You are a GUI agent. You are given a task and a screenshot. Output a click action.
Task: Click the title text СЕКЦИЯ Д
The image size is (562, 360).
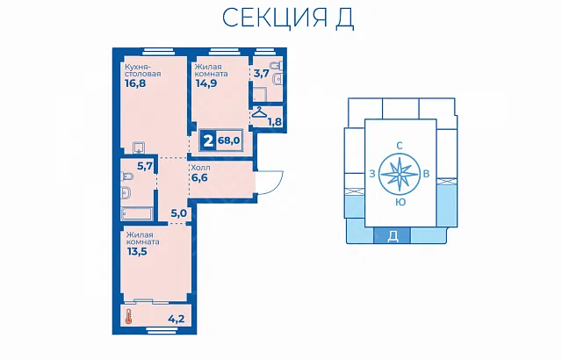(288, 18)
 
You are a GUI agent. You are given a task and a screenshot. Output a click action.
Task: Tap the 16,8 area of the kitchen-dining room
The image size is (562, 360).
(135, 83)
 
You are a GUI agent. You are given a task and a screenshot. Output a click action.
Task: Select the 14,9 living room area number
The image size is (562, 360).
(206, 83)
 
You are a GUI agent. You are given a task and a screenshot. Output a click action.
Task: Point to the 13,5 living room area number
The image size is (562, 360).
(137, 251)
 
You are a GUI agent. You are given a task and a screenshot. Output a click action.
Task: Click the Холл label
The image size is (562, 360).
(201, 168)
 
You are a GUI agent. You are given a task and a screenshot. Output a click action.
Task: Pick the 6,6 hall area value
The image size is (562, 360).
(199, 177)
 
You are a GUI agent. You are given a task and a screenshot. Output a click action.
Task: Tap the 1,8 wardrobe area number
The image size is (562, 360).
(275, 122)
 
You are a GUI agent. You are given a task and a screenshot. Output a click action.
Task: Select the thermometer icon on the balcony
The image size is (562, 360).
(129, 317)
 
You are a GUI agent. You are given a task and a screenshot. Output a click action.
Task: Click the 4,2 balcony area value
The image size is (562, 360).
(177, 318)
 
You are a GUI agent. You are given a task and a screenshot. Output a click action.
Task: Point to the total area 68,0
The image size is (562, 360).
(228, 140)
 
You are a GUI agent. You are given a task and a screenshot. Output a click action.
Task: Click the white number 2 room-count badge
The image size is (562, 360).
(208, 140)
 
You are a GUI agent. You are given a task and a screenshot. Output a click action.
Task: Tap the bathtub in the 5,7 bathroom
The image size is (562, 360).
(137, 213)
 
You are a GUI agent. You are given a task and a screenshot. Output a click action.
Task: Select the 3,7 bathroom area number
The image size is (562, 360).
(261, 74)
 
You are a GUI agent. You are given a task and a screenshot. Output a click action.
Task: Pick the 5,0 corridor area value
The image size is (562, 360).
(178, 213)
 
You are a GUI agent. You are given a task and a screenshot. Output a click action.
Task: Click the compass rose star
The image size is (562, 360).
(400, 174)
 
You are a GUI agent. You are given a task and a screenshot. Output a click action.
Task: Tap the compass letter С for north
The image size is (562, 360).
(400, 146)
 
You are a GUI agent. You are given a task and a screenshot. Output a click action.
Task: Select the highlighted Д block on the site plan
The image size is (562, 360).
(393, 235)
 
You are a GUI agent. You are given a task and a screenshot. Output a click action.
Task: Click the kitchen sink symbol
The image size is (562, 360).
(139, 148)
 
